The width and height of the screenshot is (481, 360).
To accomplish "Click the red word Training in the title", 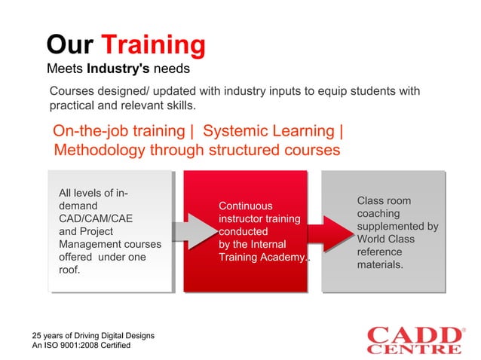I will coord(153,45).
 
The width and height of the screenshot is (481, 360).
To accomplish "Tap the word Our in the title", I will coord(69,45).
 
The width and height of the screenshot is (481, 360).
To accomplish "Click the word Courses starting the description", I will coord(74,92).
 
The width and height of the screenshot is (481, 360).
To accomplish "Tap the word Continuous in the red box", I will coord(246,206).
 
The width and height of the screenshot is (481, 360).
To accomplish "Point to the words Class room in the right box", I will coord(384,200).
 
